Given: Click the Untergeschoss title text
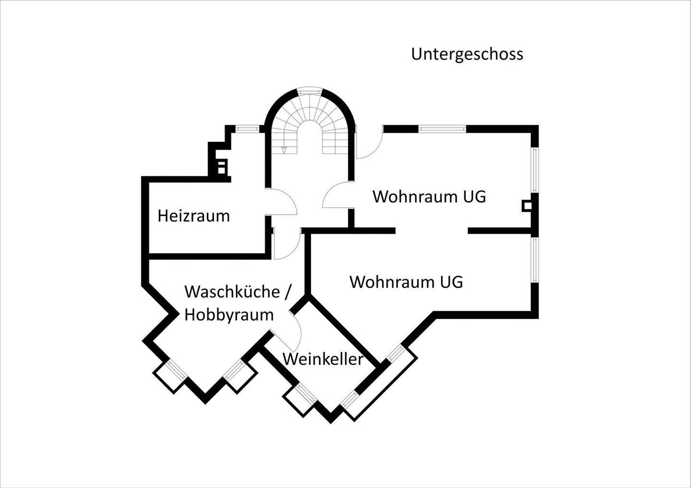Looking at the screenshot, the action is coord(467,55).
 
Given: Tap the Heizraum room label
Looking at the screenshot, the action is coord(194,216).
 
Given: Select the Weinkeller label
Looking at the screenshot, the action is coord(323,359).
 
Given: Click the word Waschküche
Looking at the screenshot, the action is coord(232,292).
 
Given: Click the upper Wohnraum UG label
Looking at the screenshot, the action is coord(429,197).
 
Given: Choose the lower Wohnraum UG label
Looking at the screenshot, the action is coord(406,282).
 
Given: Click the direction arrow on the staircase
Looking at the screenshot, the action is coord(284,150).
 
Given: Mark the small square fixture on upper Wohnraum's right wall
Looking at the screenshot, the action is coord(526,206).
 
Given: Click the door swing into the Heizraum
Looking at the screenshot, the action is coord(281,201).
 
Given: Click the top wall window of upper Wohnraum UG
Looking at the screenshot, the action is coord(442,129).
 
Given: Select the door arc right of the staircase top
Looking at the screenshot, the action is coord(369,144).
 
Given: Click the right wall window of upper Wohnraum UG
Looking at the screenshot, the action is coord(535,170).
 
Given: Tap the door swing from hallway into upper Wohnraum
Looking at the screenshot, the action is coord(338,195).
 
